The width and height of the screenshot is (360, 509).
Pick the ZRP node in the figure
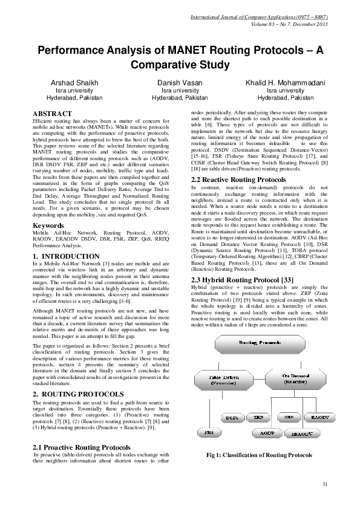point(258,418)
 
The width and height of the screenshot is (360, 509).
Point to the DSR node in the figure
point(289,418)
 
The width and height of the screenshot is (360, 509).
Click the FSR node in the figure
point(209,433)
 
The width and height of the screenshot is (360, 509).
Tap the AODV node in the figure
point(263,433)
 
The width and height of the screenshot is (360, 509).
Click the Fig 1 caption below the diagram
point(259,454)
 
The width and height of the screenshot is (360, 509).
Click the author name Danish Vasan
point(180,82)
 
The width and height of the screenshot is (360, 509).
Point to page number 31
point(324,484)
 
